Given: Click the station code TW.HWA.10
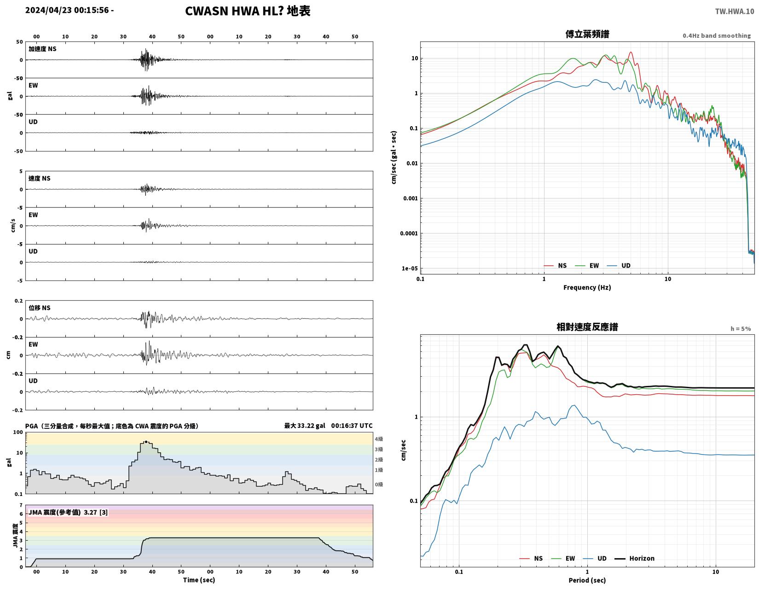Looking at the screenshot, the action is coord(734,11).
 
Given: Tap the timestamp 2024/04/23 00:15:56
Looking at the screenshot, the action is coord(67,10).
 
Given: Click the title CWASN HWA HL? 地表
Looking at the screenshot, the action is coord(247,11).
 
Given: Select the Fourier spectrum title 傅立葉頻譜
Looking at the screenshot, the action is coord(587,34).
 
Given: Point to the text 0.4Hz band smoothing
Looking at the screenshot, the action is coord(716,35).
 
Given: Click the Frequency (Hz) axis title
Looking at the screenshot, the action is coord(587,287).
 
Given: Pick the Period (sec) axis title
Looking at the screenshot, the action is coord(587,580).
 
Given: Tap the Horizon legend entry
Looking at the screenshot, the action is coord(634,558).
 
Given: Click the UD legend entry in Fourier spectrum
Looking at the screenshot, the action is coord(619,266).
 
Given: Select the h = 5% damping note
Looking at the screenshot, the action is coord(740,329).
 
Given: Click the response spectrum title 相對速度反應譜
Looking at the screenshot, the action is coord(587,327).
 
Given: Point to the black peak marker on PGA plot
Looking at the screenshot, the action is coord(146,442).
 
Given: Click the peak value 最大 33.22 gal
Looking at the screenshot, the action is coord(304,426).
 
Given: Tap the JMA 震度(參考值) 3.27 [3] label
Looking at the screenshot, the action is coord(68,512).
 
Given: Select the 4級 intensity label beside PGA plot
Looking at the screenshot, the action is coord(379,439).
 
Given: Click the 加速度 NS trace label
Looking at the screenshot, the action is coord(42,49).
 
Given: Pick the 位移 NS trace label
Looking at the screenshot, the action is coord(40,308).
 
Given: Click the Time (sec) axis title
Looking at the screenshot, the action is coord(199,580).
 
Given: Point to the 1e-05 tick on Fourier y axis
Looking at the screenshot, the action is coord(409,268).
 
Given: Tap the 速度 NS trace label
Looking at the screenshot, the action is coord(40,178).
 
